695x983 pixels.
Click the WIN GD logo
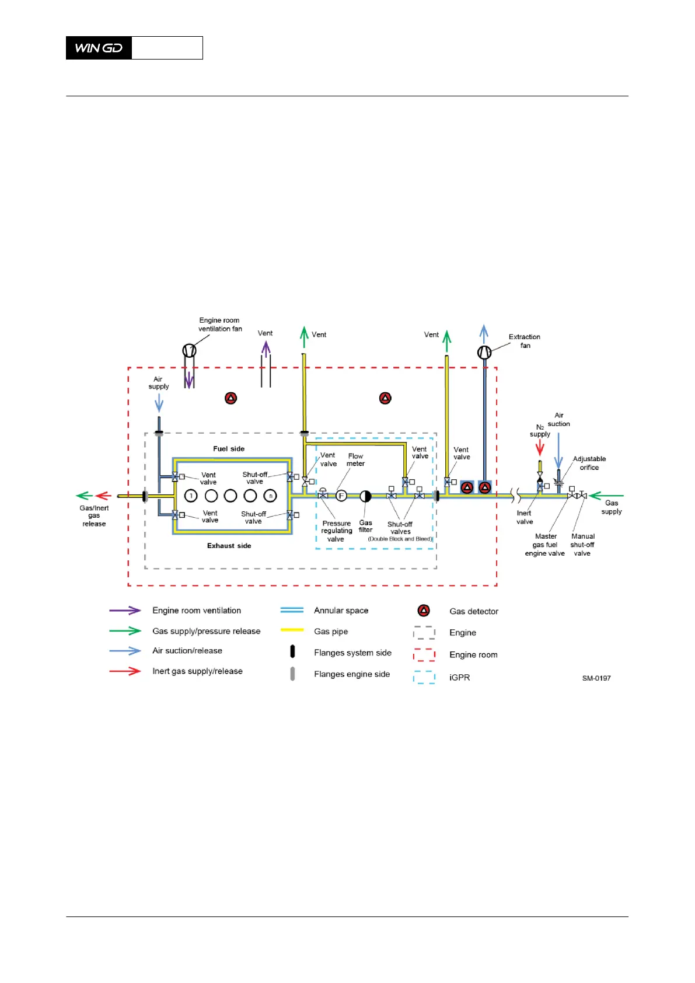99,48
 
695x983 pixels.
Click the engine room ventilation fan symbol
189,350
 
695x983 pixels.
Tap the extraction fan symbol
484,353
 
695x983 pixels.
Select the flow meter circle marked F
341,496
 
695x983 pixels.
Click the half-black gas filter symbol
365,496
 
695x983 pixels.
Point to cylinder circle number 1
191,496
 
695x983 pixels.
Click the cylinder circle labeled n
270,496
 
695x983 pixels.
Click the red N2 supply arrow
540,447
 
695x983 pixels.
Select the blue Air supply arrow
159,403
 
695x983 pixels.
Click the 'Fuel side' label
229,449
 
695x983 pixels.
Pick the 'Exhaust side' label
229,546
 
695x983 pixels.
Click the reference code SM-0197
596,678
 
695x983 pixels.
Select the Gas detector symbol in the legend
424,611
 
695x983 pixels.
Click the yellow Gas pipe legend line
292,630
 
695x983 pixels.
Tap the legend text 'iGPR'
459,678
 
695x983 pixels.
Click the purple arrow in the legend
125,611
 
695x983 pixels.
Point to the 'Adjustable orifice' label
589,463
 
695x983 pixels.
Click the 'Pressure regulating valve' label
336,531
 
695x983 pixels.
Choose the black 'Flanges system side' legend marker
292,651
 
